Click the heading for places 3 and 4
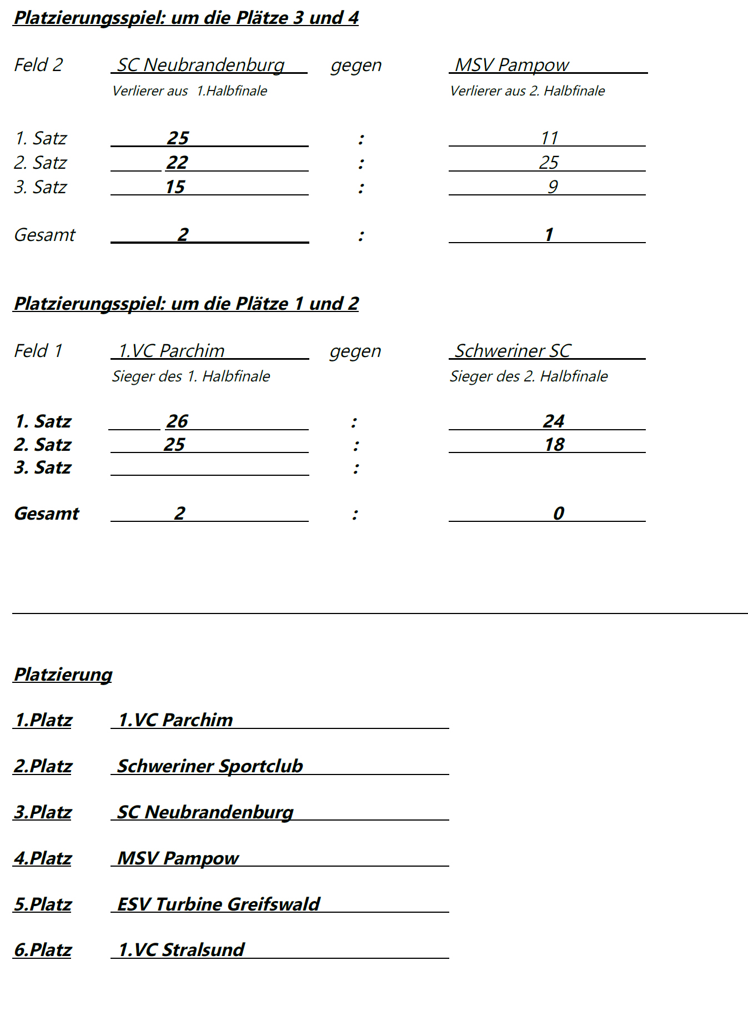[186, 18]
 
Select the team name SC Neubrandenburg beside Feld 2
[200, 65]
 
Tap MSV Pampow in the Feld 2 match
[511, 65]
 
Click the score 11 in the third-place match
[549, 138]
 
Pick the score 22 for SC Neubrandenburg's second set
[177, 162]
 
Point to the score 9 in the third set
[552, 187]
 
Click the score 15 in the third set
[175, 187]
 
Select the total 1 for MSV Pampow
[549, 234]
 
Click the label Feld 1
[38, 351]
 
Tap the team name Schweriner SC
[513, 351]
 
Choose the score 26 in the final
[177, 421]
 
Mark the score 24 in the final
[553, 421]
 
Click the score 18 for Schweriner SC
[554, 444]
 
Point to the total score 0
[558, 513]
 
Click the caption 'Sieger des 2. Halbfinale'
[528, 376]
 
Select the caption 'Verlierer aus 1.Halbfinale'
[189, 91]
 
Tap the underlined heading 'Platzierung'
[63, 674]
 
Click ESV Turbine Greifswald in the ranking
[218, 904]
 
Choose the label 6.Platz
[43, 949]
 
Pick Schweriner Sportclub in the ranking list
[210, 766]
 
